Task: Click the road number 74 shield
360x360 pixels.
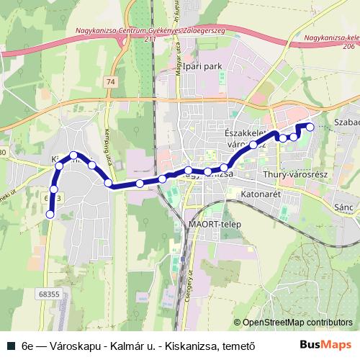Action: tap(109, 83)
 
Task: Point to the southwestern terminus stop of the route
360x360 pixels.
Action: tap(50, 214)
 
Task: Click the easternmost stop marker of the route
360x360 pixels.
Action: tap(310, 127)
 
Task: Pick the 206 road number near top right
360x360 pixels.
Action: tap(349, 45)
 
